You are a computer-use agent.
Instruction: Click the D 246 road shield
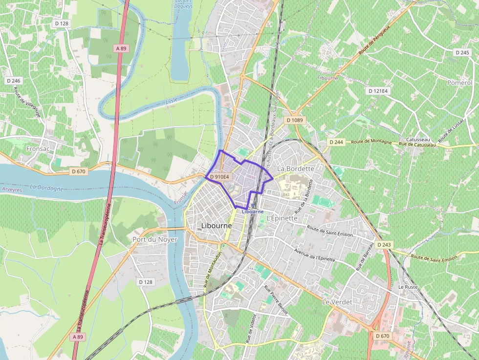[14, 81]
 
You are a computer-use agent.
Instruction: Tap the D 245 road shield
[462, 52]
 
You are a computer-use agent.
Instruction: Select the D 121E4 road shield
[378, 91]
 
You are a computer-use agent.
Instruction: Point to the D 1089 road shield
[295, 120]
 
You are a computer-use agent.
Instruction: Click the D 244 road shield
[336, 142]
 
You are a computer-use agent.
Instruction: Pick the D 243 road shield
[384, 245]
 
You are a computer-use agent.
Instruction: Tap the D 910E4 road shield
[218, 177]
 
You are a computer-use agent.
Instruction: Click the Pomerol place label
[460, 83]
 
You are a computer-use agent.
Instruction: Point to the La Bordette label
[296, 168]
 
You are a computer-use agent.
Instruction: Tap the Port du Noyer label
[155, 239]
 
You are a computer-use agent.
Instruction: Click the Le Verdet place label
[337, 302]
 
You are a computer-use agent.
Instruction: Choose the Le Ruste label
[408, 287]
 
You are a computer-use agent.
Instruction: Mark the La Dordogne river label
[46, 188]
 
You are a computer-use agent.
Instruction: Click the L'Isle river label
[172, 101]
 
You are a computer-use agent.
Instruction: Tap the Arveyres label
[12, 189]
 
